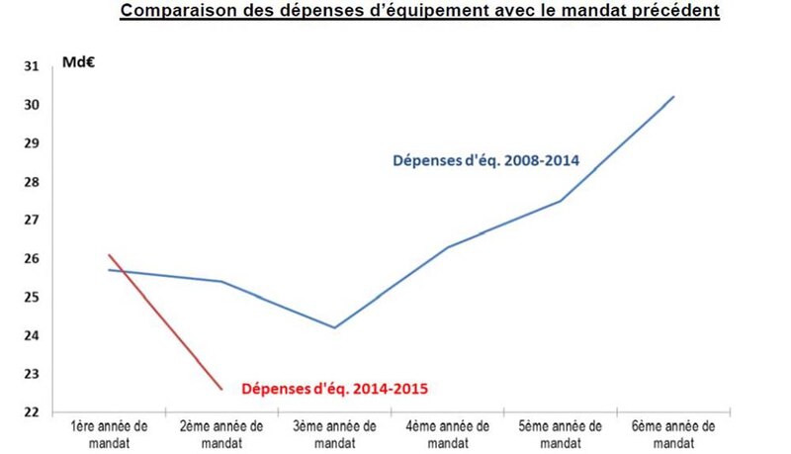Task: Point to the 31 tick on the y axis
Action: click(x=31, y=66)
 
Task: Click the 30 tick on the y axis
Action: click(x=31, y=105)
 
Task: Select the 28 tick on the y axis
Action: click(x=31, y=182)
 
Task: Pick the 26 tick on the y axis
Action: click(x=31, y=259)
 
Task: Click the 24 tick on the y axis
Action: click(x=31, y=335)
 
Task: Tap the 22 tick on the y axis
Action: click(x=31, y=412)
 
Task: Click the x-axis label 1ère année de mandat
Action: click(x=109, y=433)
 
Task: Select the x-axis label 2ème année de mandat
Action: click(x=221, y=433)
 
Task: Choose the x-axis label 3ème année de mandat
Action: click(x=334, y=433)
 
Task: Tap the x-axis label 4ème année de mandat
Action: click(x=448, y=433)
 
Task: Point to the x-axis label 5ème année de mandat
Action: click(x=561, y=433)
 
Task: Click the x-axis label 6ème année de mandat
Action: click(x=674, y=433)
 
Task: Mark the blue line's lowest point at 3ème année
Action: click(x=334, y=327)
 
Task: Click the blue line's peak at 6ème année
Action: click(x=674, y=96)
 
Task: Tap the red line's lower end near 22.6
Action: click(x=221, y=390)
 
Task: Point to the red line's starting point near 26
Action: click(x=109, y=255)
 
